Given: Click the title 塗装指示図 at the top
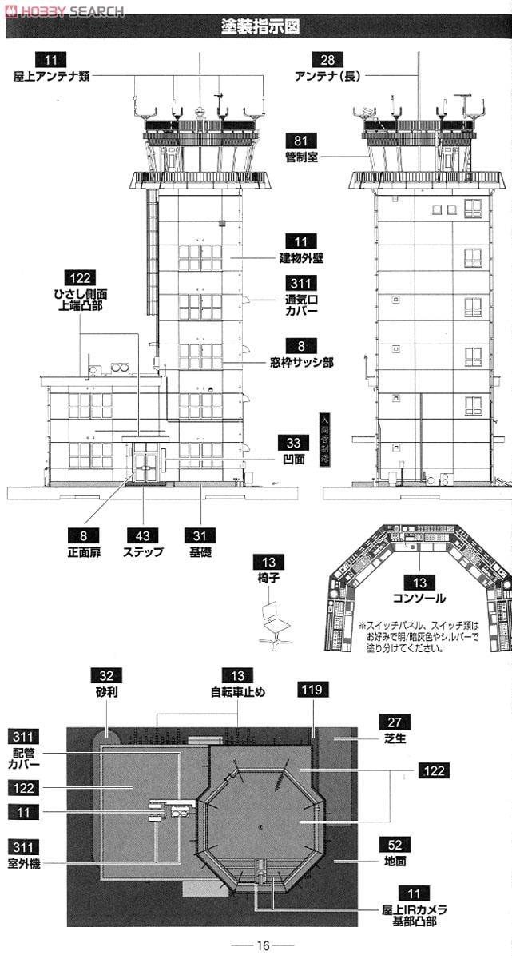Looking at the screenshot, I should [x=260, y=26].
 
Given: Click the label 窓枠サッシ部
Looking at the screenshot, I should [x=301, y=362].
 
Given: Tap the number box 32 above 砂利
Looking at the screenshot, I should [x=105, y=676].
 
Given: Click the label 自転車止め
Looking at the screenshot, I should [x=237, y=692].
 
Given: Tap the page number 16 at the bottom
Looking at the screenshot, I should [x=263, y=945].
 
